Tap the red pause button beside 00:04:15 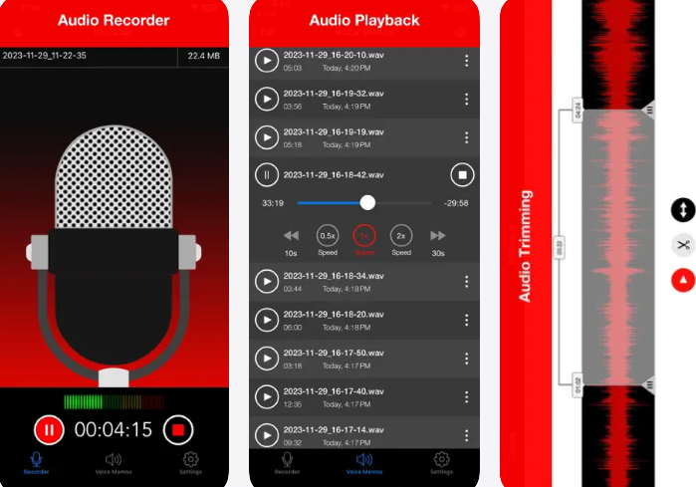[49, 429]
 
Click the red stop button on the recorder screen [178, 429]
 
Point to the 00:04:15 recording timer [113, 430]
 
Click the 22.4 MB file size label [203, 57]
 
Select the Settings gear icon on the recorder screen [191, 460]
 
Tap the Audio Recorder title [114, 20]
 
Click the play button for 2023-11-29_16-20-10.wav [266, 61]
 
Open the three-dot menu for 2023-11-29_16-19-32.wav [466, 99]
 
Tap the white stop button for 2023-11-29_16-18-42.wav [461, 175]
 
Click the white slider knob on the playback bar [367, 202]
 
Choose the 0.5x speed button [328, 236]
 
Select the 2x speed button [400, 236]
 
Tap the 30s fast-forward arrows [437, 236]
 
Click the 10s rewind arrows [291, 236]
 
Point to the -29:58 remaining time [456, 203]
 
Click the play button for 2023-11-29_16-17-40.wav [266, 396]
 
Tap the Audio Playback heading [365, 20]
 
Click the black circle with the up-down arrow [682, 210]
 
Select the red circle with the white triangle [682, 281]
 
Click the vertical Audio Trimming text [525, 245]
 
